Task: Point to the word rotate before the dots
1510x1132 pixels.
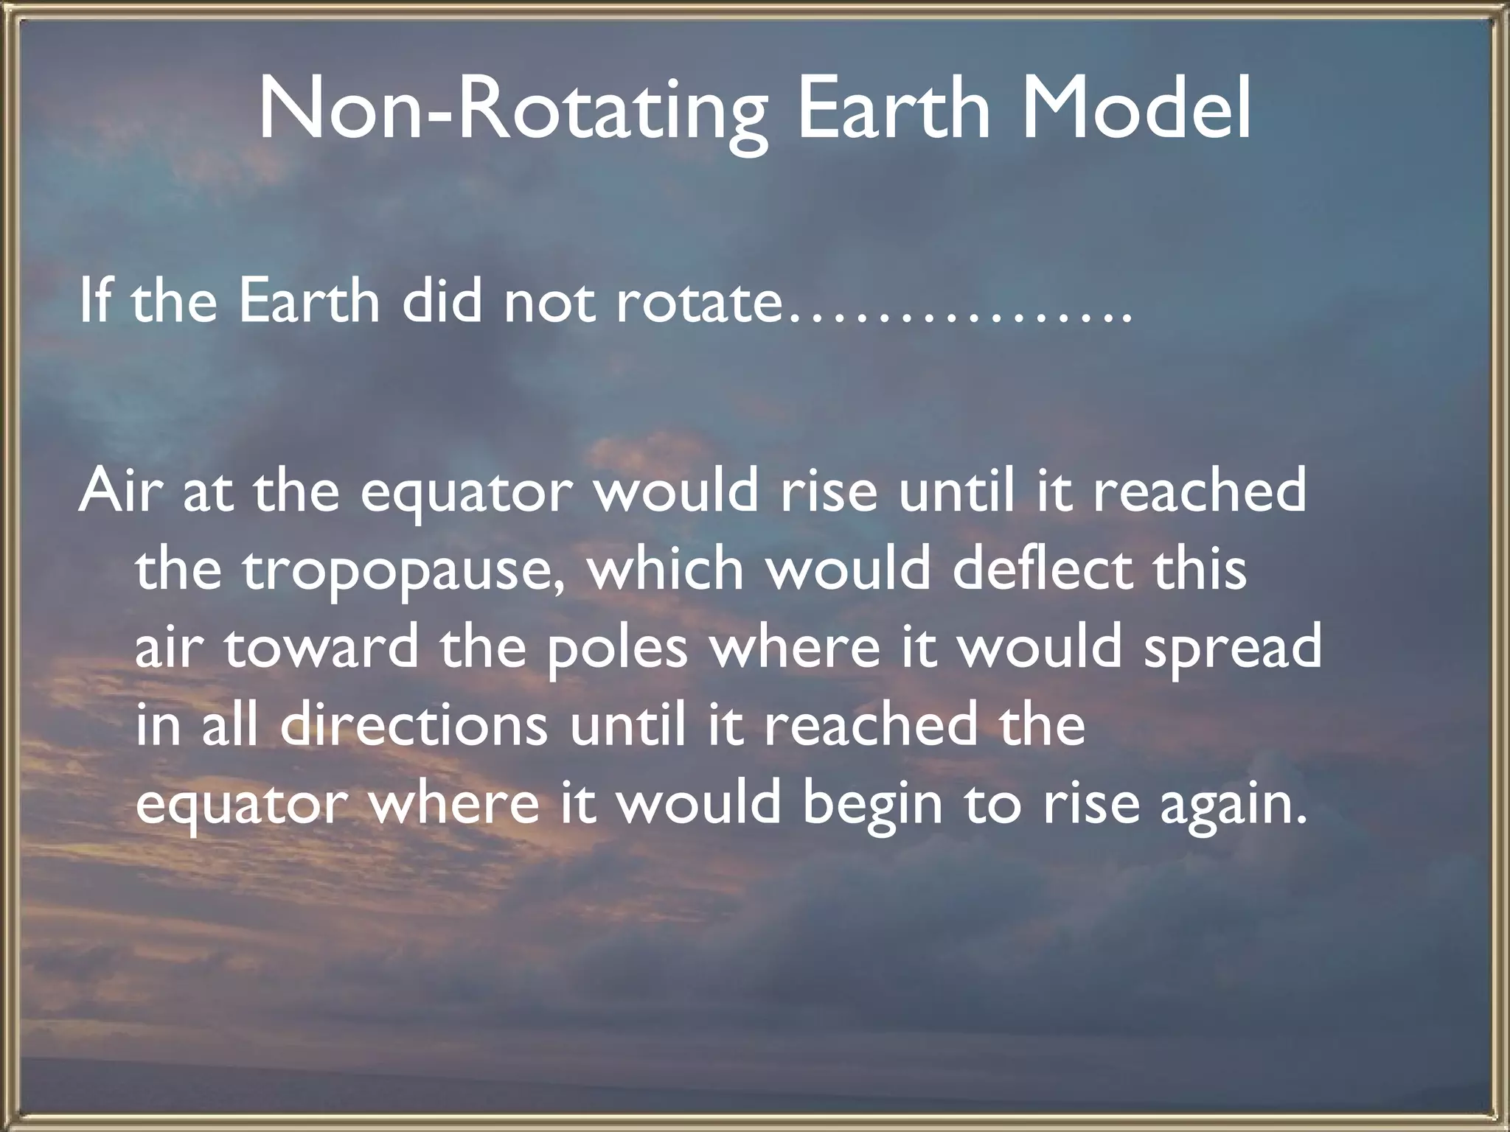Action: pos(697,302)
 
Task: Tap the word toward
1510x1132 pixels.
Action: pos(321,646)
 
